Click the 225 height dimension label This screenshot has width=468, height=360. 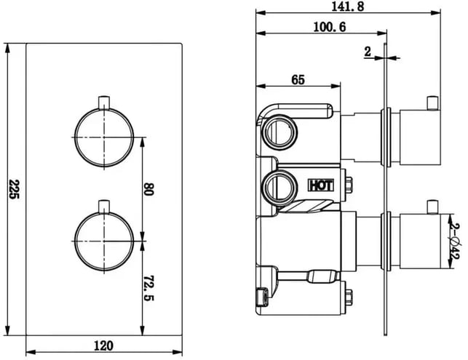click(x=14, y=189)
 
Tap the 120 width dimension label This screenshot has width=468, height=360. click(x=104, y=346)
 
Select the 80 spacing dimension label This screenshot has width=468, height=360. click(x=148, y=189)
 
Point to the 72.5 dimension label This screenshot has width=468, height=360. click(x=148, y=288)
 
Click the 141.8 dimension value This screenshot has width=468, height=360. click(x=348, y=7)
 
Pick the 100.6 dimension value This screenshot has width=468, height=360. click(x=330, y=27)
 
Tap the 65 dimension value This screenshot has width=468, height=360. click(x=298, y=79)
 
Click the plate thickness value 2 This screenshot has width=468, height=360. click(x=368, y=52)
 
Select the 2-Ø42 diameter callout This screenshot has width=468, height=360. click(x=456, y=241)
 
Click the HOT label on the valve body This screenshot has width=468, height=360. click(x=320, y=185)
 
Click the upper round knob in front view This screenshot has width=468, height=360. click(x=104, y=137)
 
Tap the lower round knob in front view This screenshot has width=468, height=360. click(x=104, y=241)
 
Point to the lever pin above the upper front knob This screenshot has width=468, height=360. click(x=104, y=103)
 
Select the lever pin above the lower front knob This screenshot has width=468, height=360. click(x=104, y=207)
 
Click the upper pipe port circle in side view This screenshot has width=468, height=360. click(x=279, y=132)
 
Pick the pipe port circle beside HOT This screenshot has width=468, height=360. click(x=279, y=188)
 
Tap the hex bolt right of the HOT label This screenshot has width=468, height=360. click(x=348, y=185)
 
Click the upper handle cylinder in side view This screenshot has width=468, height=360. click(x=420, y=137)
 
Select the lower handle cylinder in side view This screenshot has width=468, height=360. click(x=420, y=241)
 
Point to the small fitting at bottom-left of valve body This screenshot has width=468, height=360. click(x=262, y=297)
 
